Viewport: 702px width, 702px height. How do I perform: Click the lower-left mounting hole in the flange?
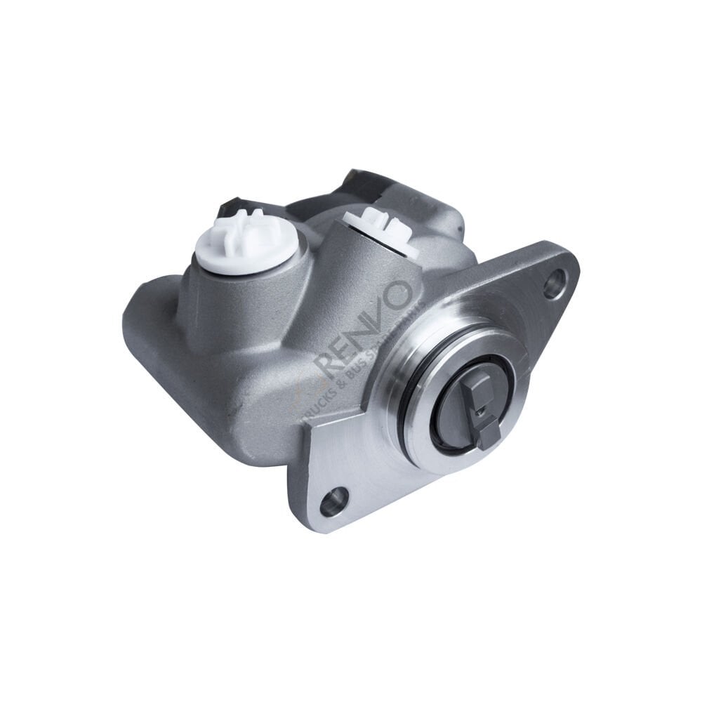[x=333, y=500]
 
